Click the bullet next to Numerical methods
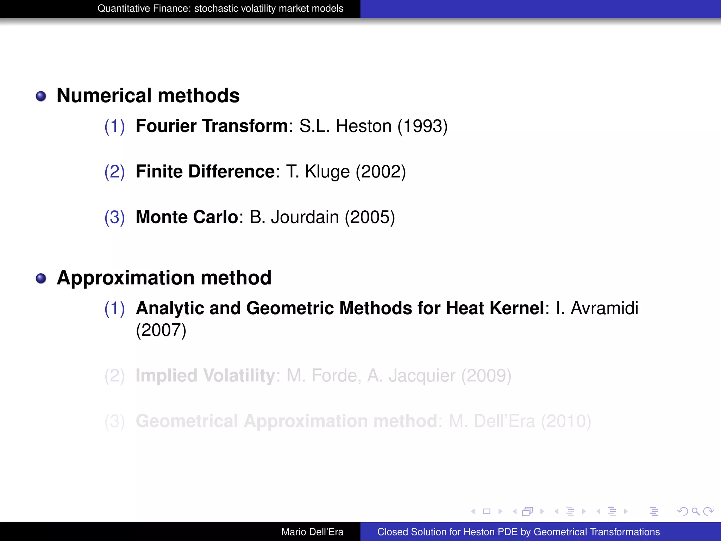tap(41, 96)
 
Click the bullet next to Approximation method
tap(41, 279)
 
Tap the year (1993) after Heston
tap(422, 126)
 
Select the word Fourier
tap(166, 126)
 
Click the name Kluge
tap(327, 172)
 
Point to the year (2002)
tap(381, 172)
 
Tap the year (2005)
tap(370, 217)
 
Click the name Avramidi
tap(604, 308)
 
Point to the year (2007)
tap(161, 330)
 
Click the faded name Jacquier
tap(422, 376)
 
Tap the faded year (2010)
tap(566, 421)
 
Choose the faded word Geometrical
tap(187, 421)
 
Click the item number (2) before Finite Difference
tap(114, 172)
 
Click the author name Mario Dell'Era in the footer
tap(312, 532)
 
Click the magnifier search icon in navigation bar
tap(695, 511)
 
